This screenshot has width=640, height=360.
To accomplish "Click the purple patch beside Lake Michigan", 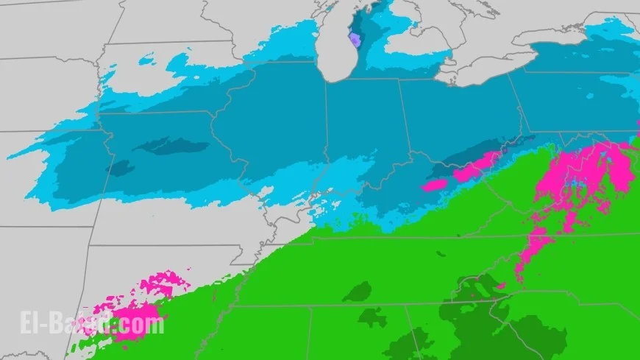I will (x=355, y=40).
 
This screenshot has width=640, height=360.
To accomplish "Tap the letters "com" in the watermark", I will (x=146, y=324).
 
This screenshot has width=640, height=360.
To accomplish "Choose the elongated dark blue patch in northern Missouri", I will (x=171, y=146).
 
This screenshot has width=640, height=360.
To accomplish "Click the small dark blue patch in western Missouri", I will (x=120, y=169).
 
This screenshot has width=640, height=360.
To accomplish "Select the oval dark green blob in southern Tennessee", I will (x=358, y=292).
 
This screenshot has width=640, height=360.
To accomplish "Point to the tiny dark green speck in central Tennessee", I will (x=441, y=254).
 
